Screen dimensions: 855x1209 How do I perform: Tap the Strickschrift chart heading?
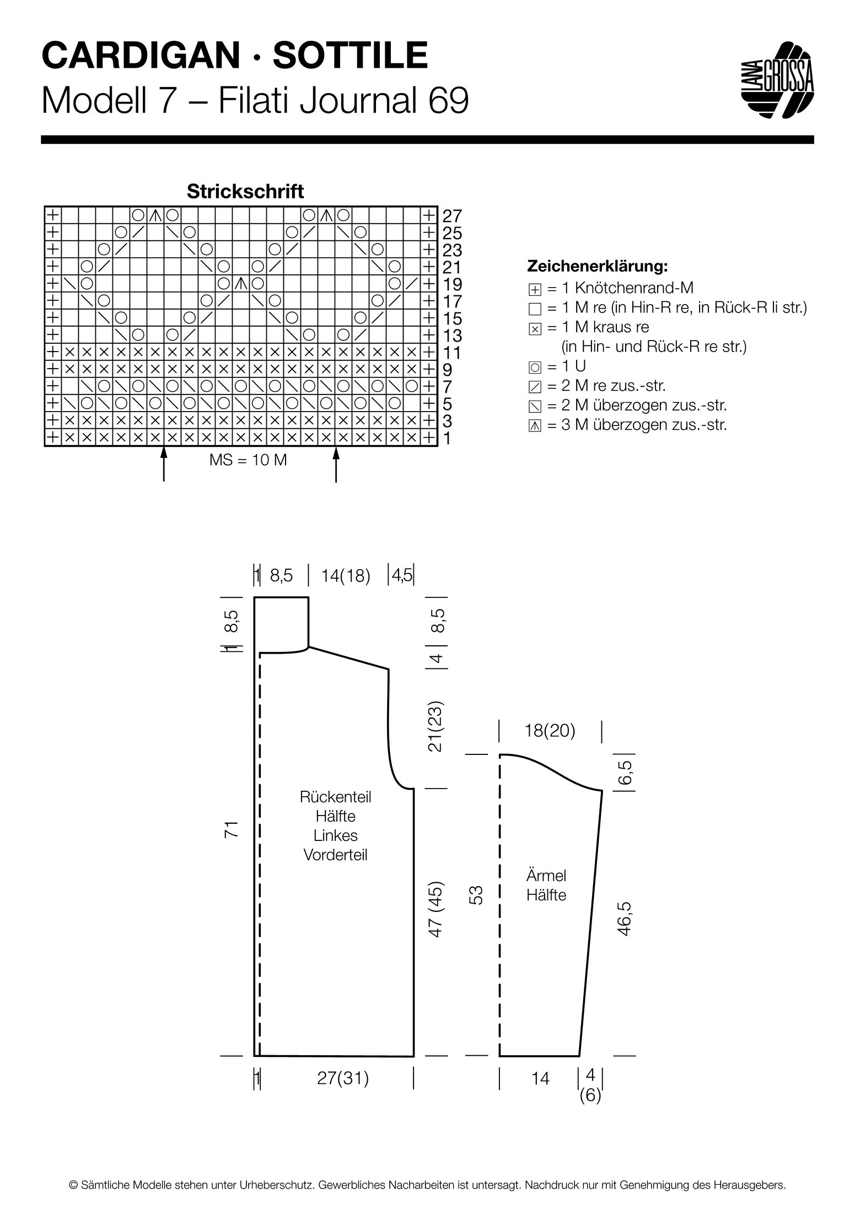pyautogui.click(x=245, y=191)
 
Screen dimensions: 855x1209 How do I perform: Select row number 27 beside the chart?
pyautogui.click(x=452, y=215)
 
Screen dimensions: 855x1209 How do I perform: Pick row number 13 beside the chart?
pyautogui.click(x=452, y=335)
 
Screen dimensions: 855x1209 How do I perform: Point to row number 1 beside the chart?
pyautogui.click(x=447, y=439)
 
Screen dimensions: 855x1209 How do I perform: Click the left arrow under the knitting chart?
pyautogui.click(x=164, y=464)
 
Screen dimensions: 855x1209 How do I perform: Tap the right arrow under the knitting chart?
pyautogui.click(x=336, y=464)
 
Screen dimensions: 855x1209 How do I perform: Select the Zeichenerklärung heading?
pyautogui.click(x=598, y=267)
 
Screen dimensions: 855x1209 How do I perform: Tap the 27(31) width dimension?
pyautogui.click(x=343, y=1078)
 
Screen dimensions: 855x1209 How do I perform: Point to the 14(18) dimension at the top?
pyautogui.click(x=346, y=576)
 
